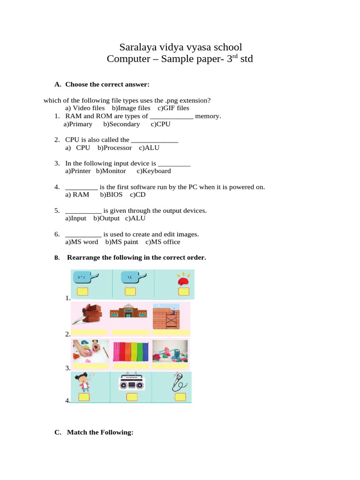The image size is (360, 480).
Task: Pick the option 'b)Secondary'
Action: point(121,124)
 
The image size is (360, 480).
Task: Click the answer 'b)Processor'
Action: point(115,148)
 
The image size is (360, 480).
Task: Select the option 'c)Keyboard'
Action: point(154,171)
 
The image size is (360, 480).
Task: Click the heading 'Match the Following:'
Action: point(100,432)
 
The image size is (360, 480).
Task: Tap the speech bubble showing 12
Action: point(130,277)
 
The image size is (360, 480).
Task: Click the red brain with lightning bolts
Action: point(183,279)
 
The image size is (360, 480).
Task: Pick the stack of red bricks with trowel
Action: point(89,313)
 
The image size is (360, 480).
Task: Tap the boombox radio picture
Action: point(131,383)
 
